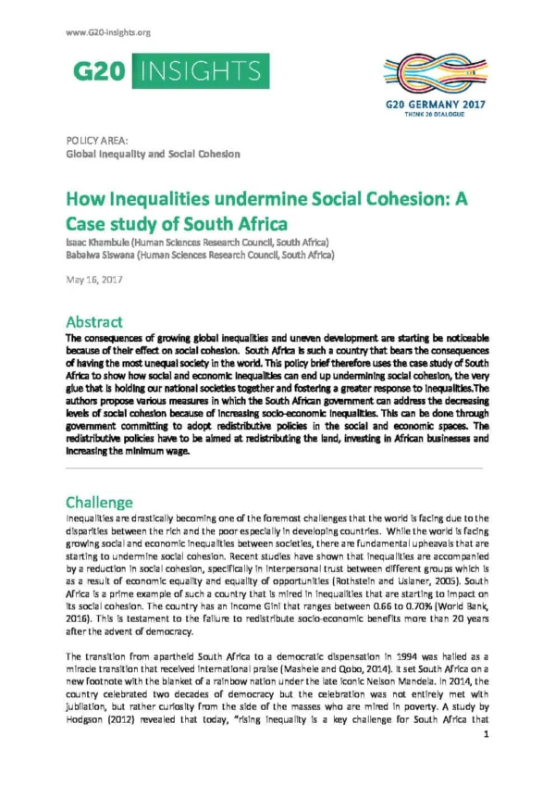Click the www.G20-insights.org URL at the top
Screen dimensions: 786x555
click(109, 33)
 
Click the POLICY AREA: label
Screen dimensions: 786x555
click(96, 140)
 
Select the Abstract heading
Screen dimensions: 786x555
click(93, 321)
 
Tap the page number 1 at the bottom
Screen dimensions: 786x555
click(486, 760)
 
